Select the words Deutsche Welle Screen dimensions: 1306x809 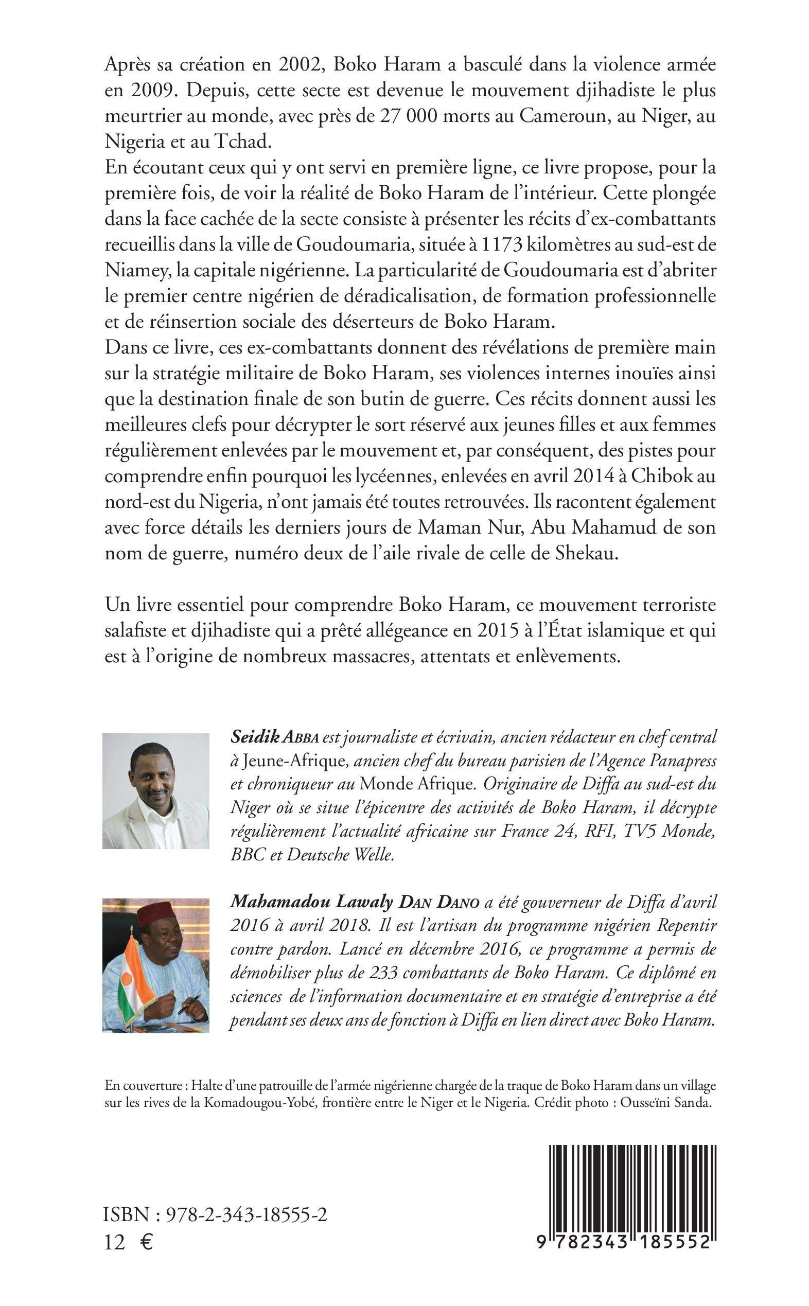point(340,855)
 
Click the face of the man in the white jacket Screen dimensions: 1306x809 point(151,775)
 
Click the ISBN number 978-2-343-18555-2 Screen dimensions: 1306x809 point(247,1215)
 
